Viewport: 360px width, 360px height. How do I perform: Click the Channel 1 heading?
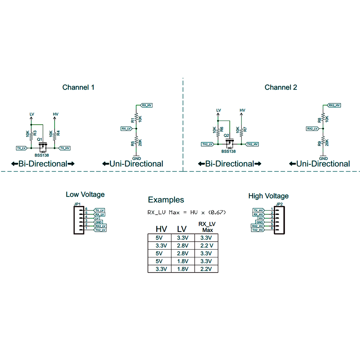coord(78,87)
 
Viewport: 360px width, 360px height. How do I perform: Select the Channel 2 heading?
coord(281,87)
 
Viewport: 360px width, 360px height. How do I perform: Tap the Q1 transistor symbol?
coord(43,146)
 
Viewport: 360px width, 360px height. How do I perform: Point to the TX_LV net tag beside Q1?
coord(21,148)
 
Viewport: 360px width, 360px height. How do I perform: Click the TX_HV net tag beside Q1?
coord(65,148)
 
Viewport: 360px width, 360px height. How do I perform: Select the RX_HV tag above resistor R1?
coord(146,105)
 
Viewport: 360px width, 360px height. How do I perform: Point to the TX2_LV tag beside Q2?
coord(207,144)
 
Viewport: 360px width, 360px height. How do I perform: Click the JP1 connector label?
coord(77,204)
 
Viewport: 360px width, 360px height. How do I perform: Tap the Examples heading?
coord(166,200)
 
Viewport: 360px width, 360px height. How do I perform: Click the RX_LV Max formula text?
coord(186,212)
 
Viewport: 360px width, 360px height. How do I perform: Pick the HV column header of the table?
coord(161,229)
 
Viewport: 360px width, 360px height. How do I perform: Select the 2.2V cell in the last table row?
coord(206,269)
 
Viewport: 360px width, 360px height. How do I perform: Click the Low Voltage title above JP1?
coord(85,194)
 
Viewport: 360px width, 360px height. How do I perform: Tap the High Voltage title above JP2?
coord(268,196)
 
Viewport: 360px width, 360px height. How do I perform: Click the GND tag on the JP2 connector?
coord(259,222)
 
